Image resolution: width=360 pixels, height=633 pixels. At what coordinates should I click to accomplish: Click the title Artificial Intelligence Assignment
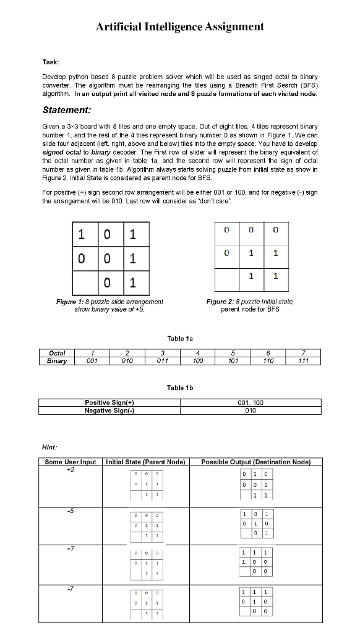180,27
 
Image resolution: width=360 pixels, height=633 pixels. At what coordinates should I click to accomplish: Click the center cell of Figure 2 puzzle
251,253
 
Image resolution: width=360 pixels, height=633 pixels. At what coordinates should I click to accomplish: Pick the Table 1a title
180,338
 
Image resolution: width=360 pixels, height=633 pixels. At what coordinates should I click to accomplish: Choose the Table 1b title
180,387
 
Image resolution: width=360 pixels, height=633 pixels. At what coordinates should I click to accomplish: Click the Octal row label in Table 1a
57,352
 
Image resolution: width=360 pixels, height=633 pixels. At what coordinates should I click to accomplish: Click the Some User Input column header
71,462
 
